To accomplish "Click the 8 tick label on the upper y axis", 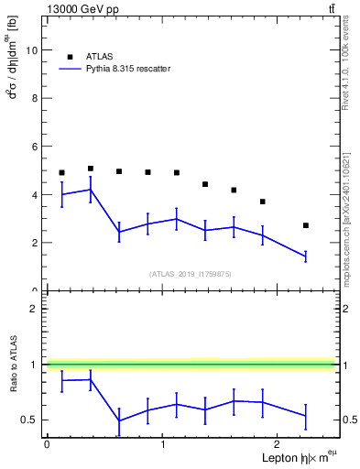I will point(35,99).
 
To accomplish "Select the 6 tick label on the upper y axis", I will point(35,147).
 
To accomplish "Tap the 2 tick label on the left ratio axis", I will point(35,309).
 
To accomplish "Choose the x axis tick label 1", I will point(162,444).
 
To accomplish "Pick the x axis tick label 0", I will point(47,444).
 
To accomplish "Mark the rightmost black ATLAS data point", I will point(306,225).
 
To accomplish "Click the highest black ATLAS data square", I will point(91,169).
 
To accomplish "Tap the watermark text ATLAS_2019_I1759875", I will point(191,274).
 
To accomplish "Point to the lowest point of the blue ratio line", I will point(119,421).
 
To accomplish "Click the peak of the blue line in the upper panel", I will point(91,190).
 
